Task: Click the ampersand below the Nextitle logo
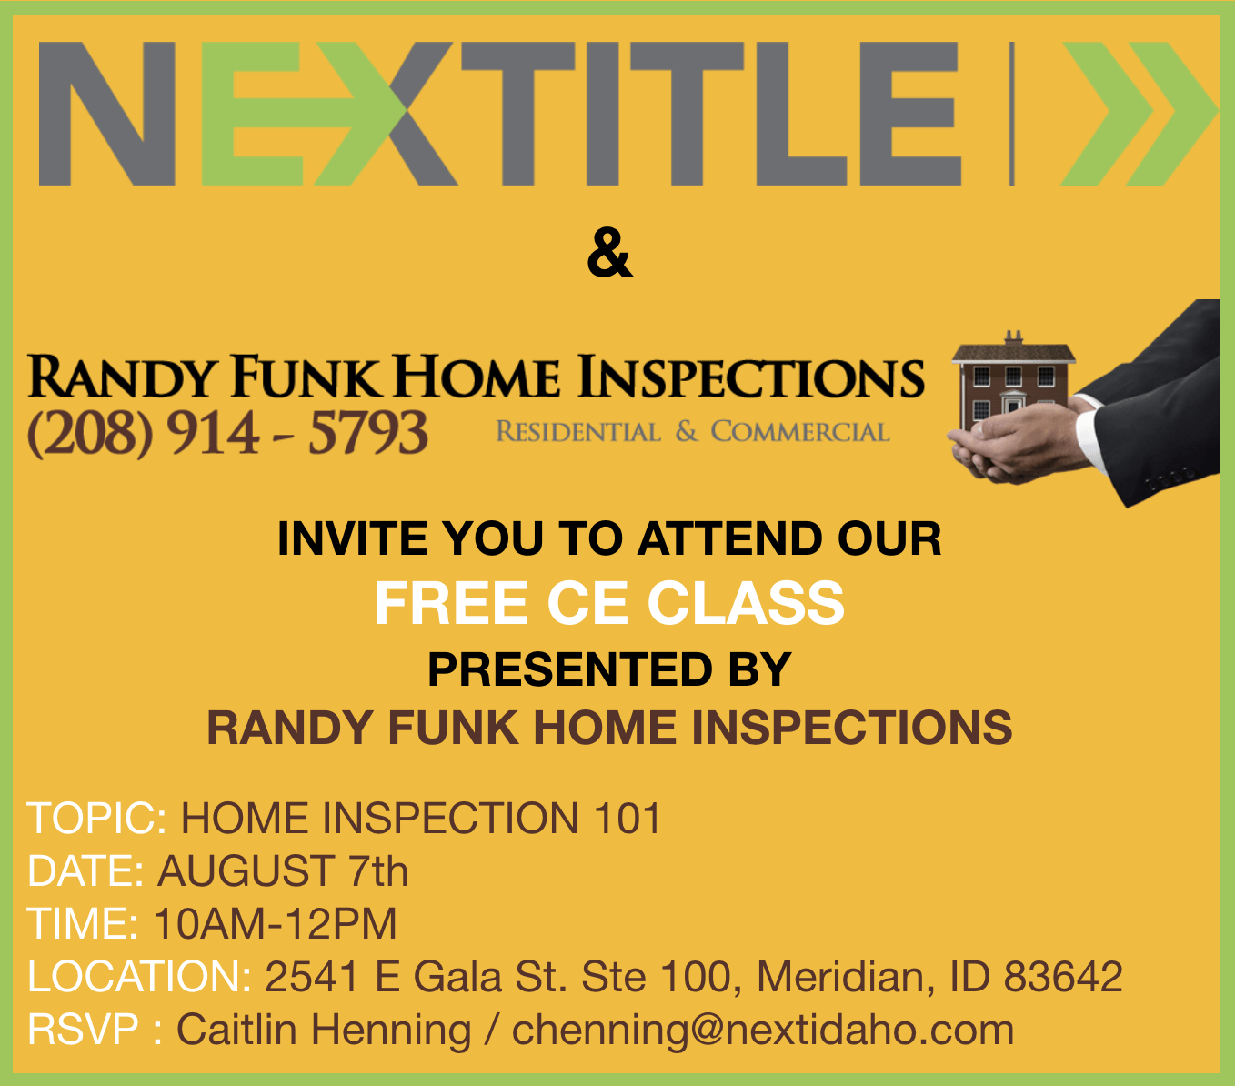point(609,253)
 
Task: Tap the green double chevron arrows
point(1139,114)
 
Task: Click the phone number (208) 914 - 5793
point(227,433)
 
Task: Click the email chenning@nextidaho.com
point(763,1031)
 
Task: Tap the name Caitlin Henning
point(324,1031)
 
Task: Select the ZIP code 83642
point(1063,977)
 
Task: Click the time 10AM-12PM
point(275,924)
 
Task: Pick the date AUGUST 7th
point(283,870)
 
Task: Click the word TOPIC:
point(96,818)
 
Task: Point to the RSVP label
point(83,1030)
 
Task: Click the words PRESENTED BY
point(609,669)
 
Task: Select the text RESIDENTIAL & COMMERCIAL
point(692,432)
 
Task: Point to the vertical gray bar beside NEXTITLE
point(1012,114)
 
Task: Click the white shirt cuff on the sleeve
point(1087,437)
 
